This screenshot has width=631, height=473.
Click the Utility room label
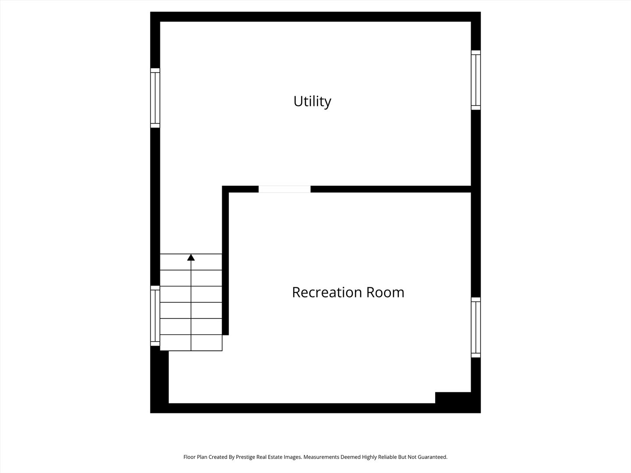click(x=312, y=101)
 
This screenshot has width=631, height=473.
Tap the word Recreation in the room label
click(x=327, y=292)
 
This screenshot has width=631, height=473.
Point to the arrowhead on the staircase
click(x=191, y=258)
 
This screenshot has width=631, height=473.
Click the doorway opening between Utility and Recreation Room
click(x=284, y=189)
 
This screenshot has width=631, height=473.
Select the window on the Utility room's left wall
click(x=155, y=98)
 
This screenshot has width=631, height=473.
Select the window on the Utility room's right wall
click(x=476, y=80)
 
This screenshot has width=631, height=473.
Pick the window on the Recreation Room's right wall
click(x=476, y=327)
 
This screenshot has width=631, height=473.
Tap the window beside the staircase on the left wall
click(x=155, y=315)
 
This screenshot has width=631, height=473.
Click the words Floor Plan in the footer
click(x=195, y=457)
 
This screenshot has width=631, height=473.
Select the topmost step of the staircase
click(x=191, y=262)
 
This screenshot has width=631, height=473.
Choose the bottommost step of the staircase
click(x=191, y=343)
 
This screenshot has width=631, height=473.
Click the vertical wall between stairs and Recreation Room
click(x=225, y=263)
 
